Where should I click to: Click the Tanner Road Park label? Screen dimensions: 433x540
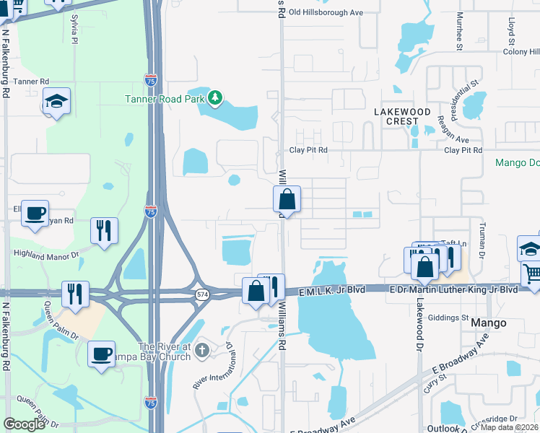click(x=165, y=99)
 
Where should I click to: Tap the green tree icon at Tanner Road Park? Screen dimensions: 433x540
click(x=215, y=97)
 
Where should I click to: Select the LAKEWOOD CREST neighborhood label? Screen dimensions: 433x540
click(x=402, y=116)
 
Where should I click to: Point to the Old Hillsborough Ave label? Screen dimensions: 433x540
click(x=326, y=12)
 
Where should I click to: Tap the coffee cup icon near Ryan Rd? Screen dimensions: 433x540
click(x=35, y=214)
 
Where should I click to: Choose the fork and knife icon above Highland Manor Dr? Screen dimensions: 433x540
click(x=104, y=230)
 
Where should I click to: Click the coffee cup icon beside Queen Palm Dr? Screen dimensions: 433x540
click(x=102, y=354)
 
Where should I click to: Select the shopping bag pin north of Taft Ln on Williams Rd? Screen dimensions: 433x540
click(x=287, y=199)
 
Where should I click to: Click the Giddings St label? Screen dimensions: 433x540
click(x=448, y=318)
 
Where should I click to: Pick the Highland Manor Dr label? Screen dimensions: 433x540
click(x=45, y=254)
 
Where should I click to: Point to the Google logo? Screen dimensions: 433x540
click(x=24, y=424)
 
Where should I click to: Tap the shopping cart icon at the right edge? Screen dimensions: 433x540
click(x=532, y=274)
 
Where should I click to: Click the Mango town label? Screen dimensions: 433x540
click(x=488, y=323)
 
